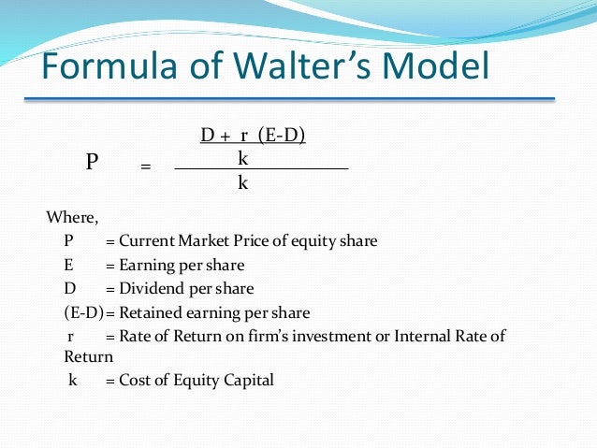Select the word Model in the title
click(x=441, y=67)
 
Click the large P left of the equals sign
click(x=92, y=161)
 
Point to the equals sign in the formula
click(x=145, y=167)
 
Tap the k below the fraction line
click(x=242, y=183)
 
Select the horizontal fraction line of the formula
click(x=261, y=168)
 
